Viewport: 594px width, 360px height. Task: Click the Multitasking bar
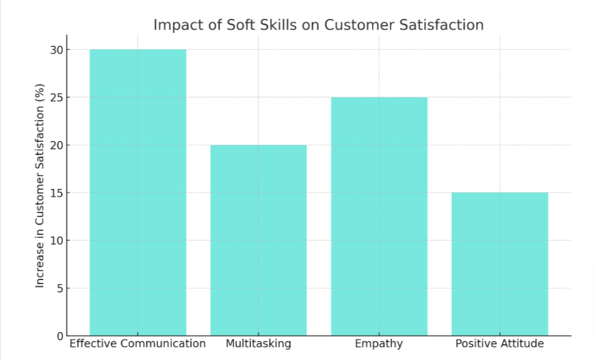tap(258, 240)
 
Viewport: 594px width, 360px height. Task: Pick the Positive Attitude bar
tap(499, 264)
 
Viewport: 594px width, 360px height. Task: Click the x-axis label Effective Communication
tap(137, 344)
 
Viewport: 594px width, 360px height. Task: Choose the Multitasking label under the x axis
tap(258, 344)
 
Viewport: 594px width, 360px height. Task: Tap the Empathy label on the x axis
tap(379, 344)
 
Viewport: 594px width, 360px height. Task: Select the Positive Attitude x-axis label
tap(499, 344)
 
